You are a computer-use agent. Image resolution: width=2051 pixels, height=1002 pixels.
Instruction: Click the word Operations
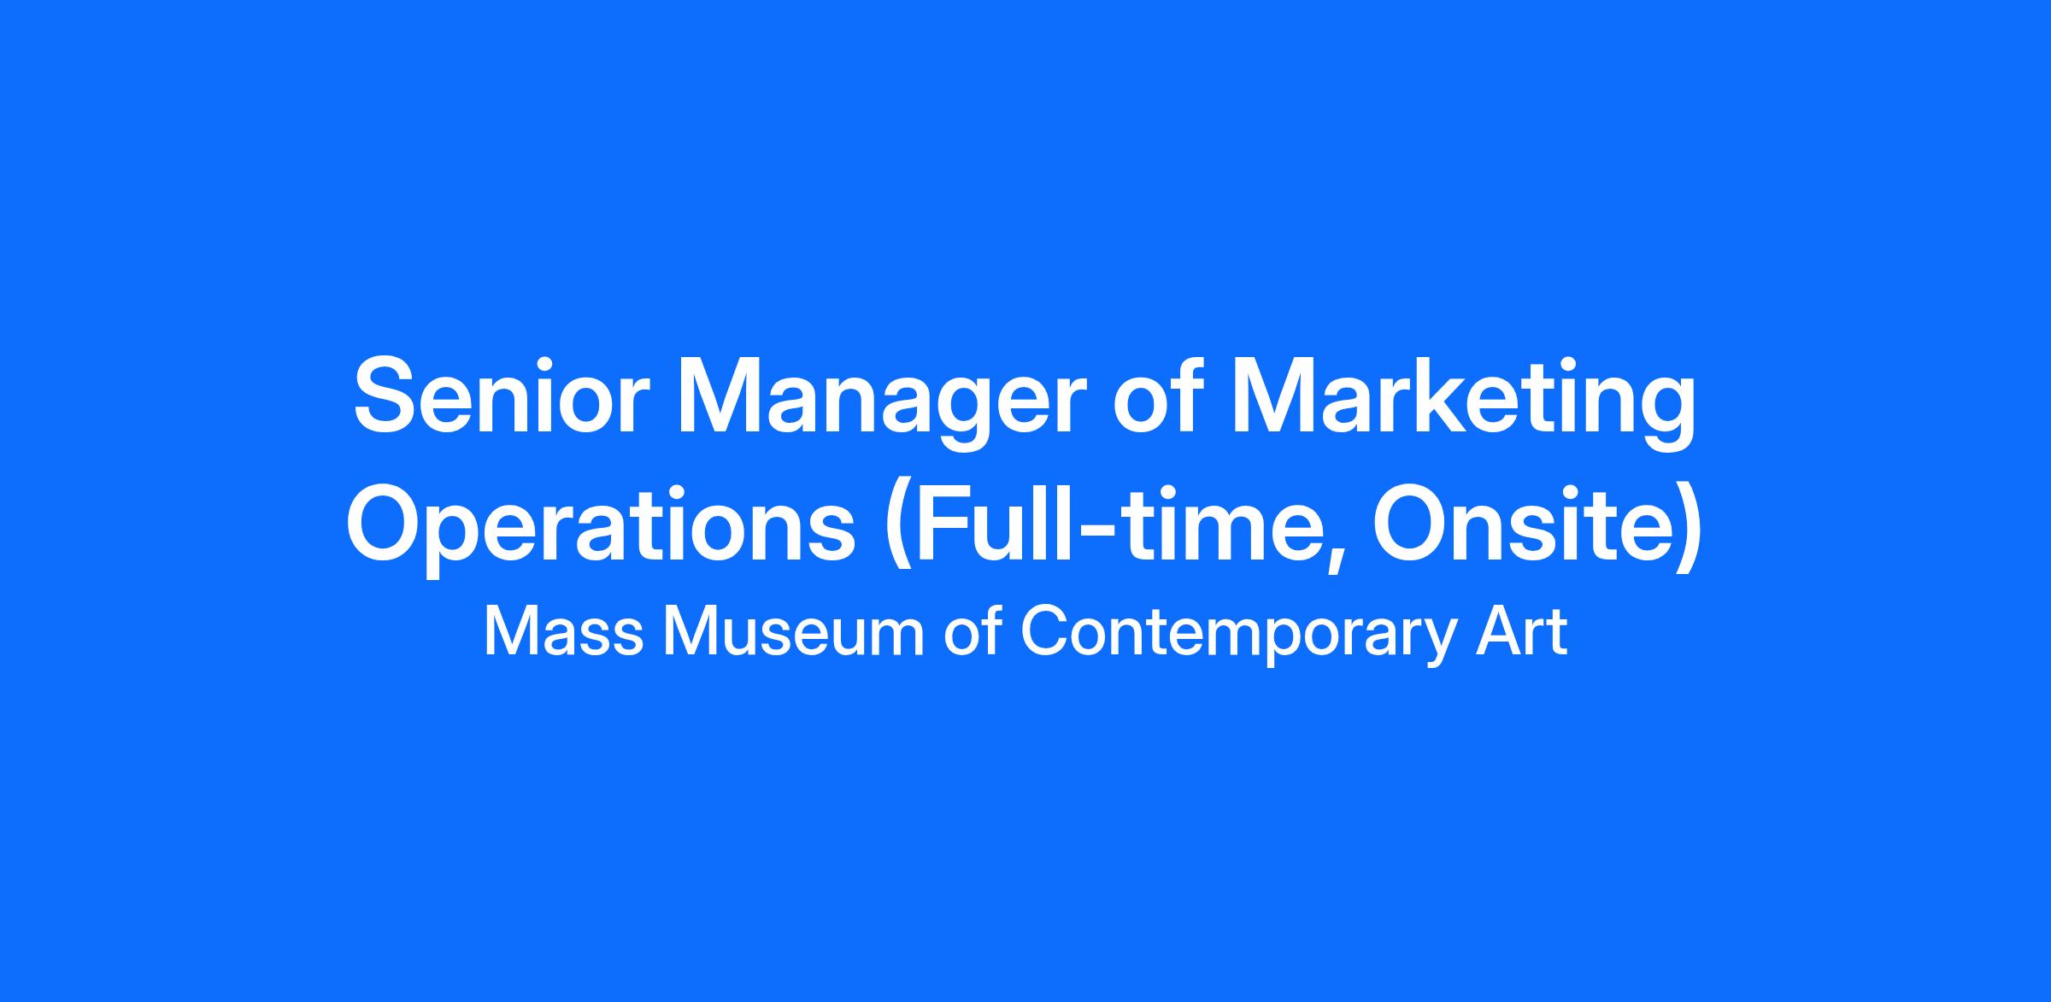point(601,530)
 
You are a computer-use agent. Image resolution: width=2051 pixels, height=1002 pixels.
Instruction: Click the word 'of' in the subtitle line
point(973,632)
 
